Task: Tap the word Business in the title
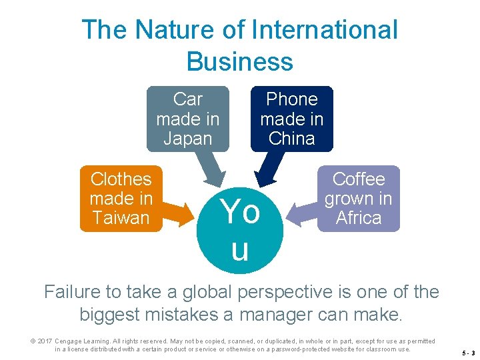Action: [x=240, y=61]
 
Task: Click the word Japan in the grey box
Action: [x=187, y=139]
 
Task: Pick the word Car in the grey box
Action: [x=187, y=99]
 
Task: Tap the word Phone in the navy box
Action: [x=291, y=99]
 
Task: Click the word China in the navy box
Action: [x=291, y=139]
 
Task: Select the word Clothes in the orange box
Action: [x=121, y=179]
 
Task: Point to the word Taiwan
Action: [x=121, y=217]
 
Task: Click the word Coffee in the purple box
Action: [x=359, y=179]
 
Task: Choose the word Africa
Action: [x=359, y=217]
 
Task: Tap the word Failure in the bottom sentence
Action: [x=71, y=292]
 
